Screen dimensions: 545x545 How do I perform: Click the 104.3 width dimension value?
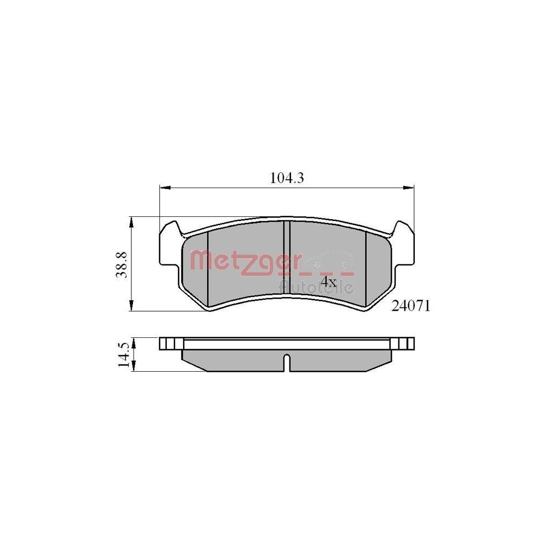click(287, 178)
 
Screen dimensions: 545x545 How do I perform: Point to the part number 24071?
click(411, 307)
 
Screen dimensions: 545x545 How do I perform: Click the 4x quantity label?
click(328, 282)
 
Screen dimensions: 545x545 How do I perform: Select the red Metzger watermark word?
click(244, 261)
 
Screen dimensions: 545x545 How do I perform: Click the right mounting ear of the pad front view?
click(403, 245)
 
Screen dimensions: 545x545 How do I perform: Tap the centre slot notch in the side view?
click(286, 363)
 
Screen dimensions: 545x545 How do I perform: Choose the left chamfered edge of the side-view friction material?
click(193, 366)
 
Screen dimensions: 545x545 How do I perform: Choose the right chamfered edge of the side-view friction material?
click(379, 366)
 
